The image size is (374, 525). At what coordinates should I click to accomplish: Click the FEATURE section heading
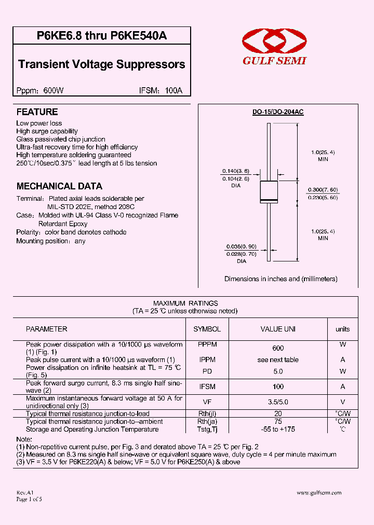[37, 112]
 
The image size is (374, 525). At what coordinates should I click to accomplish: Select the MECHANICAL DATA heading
[59, 186]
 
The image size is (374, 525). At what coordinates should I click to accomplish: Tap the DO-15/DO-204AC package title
[277, 112]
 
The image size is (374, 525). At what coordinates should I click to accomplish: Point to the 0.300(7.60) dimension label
[323, 189]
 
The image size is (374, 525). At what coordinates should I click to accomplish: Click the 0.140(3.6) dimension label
[236, 171]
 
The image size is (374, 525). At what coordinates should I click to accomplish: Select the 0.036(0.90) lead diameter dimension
[242, 246]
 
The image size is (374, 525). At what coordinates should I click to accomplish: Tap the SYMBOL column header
[207, 329]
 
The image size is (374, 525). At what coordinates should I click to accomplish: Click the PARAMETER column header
[47, 329]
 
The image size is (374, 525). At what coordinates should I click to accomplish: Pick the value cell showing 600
[278, 348]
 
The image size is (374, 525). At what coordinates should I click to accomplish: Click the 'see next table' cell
[278, 360]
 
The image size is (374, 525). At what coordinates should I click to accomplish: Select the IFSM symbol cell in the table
[207, 386]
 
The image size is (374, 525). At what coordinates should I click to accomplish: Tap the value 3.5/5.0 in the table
[278, 402]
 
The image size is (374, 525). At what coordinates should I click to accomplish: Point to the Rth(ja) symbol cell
[207, 422]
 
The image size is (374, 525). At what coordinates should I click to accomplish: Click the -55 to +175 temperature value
[278, 430]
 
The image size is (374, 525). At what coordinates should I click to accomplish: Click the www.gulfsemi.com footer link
[319, 493]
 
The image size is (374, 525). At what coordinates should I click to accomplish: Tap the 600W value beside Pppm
[54, 90]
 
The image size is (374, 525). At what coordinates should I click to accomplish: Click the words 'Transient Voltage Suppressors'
[101, 64]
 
